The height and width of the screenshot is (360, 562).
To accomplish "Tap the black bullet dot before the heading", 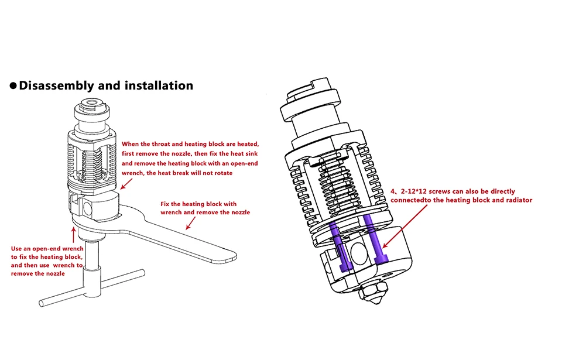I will tap(13, 86).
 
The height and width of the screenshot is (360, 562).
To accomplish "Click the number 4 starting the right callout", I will tap(392, 191).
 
